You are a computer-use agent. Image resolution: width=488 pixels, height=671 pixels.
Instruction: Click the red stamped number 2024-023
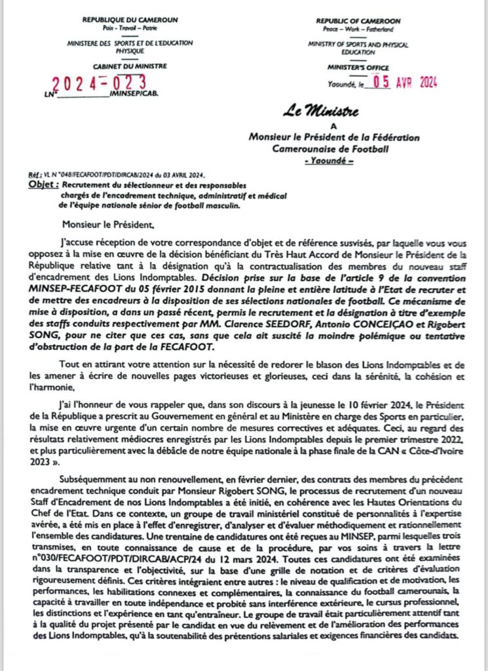[99, 83]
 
